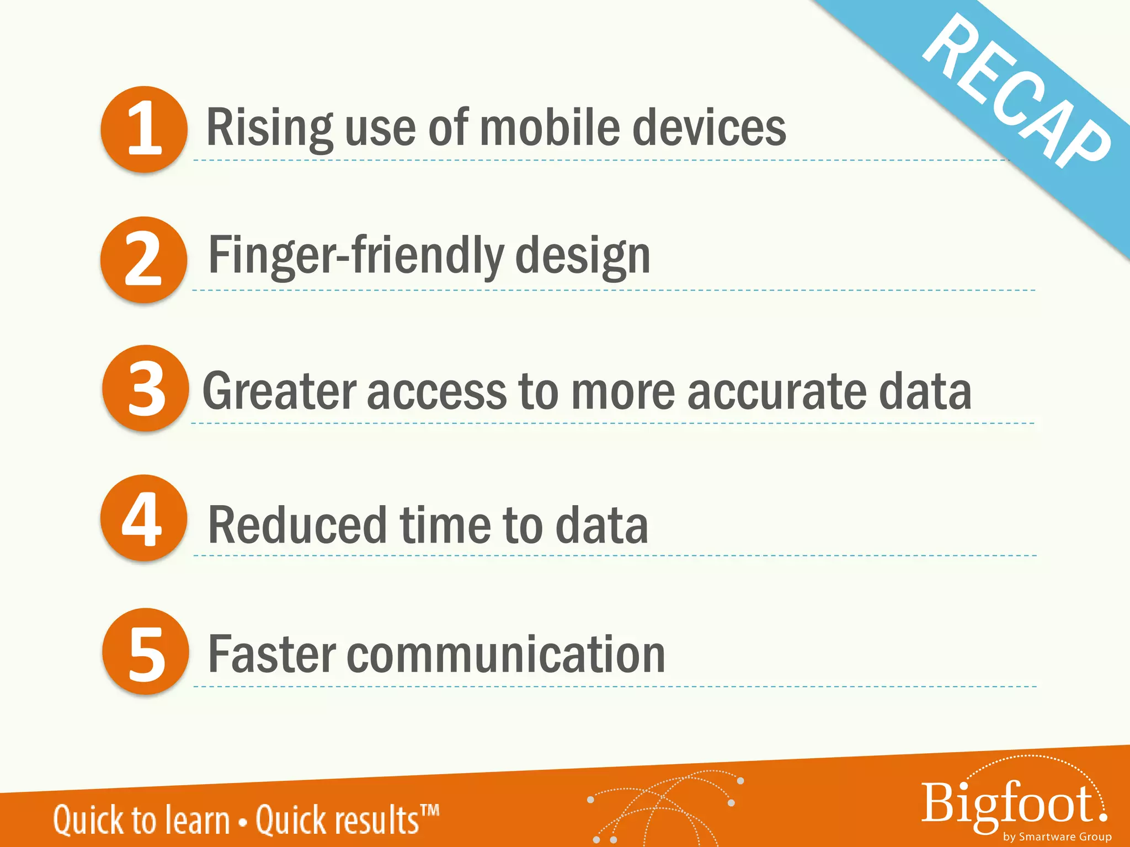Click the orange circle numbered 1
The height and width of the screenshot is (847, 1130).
144,129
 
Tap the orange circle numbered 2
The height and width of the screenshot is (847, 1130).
143,259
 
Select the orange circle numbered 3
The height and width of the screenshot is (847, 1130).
146,388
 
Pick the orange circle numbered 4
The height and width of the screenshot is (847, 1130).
143,518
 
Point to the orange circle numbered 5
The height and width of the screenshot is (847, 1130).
146,651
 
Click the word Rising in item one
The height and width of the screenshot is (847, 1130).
269,128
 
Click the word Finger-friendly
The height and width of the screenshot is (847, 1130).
356,256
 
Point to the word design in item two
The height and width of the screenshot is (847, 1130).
583,257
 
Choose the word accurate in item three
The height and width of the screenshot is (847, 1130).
777,392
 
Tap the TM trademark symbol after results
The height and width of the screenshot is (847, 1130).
430,811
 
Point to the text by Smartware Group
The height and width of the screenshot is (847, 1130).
1057,837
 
